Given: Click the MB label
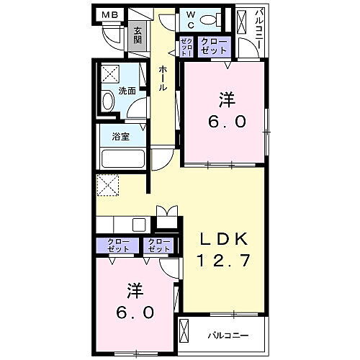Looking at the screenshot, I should point(109,14).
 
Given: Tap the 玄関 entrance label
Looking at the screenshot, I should point(137,35).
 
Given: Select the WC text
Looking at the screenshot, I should point(187,18).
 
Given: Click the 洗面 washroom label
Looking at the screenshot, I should point(128,91).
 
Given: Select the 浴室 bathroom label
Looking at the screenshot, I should point(120,137).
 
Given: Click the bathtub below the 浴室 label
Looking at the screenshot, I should point(124,158).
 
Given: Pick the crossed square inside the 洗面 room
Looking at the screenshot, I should point(110,74).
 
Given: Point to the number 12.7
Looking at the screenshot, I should point(224,261).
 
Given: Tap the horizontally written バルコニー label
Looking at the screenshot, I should point(229,335).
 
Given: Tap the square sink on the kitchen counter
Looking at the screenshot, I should point(138,224).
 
